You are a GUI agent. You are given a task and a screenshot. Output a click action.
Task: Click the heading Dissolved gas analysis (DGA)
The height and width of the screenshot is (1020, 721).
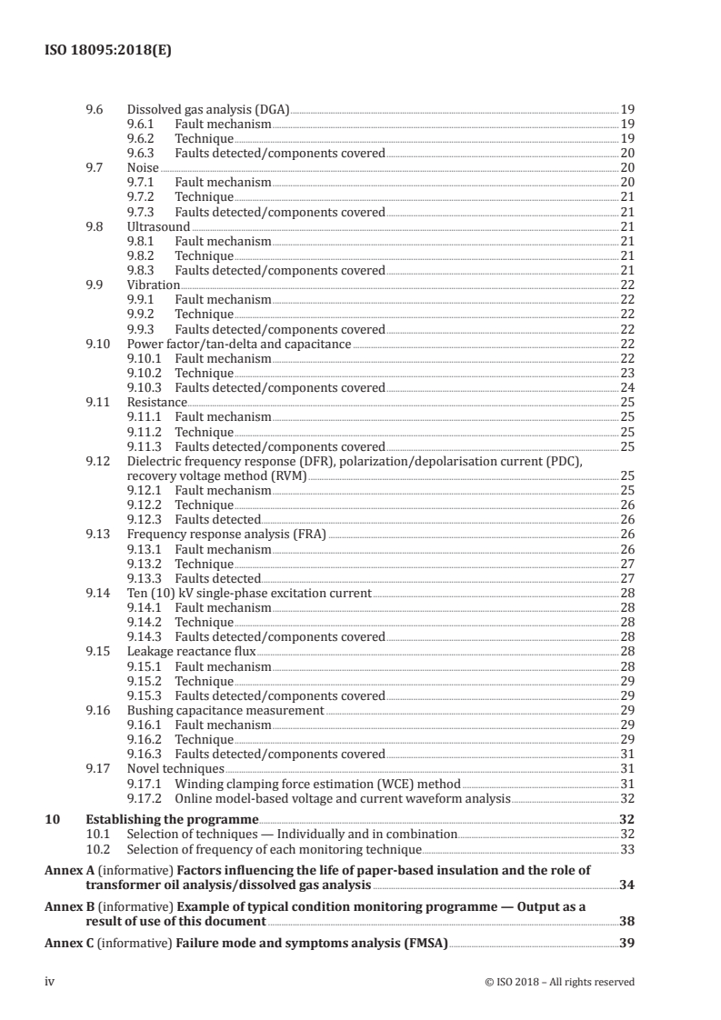(207, 109)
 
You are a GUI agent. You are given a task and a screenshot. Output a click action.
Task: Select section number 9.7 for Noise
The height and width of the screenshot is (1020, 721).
(93, 168)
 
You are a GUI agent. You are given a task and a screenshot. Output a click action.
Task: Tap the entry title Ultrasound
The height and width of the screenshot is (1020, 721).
(158, 226)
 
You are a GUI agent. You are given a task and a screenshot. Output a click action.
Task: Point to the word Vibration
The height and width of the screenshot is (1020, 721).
(153, 285)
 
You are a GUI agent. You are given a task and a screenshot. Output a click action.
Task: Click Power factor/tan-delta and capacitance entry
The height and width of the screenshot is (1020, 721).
(238, 344)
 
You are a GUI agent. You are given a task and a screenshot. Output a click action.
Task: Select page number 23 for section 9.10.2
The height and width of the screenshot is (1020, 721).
(626, 374)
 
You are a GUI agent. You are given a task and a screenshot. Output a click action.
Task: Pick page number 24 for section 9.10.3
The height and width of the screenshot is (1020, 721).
(626, 388)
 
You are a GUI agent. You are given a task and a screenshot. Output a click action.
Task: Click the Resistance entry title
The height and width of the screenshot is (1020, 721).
(156, 403)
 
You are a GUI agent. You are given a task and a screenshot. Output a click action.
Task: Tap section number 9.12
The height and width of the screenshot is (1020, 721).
(96, 461)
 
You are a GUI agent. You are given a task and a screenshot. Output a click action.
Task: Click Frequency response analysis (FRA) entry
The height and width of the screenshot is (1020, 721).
(225, 535)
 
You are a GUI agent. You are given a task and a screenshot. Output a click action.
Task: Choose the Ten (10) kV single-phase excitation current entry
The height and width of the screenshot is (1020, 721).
(248, 593)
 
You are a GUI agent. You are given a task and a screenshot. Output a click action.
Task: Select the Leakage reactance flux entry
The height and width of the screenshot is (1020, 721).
(191, 652)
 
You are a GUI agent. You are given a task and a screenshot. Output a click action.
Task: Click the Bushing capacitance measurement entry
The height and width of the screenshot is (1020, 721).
(225, 710)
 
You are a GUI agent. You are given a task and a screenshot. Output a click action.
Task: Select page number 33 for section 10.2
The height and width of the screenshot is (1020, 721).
(626, 850)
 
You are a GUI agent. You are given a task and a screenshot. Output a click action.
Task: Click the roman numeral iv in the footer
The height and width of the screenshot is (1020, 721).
(50, 982)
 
